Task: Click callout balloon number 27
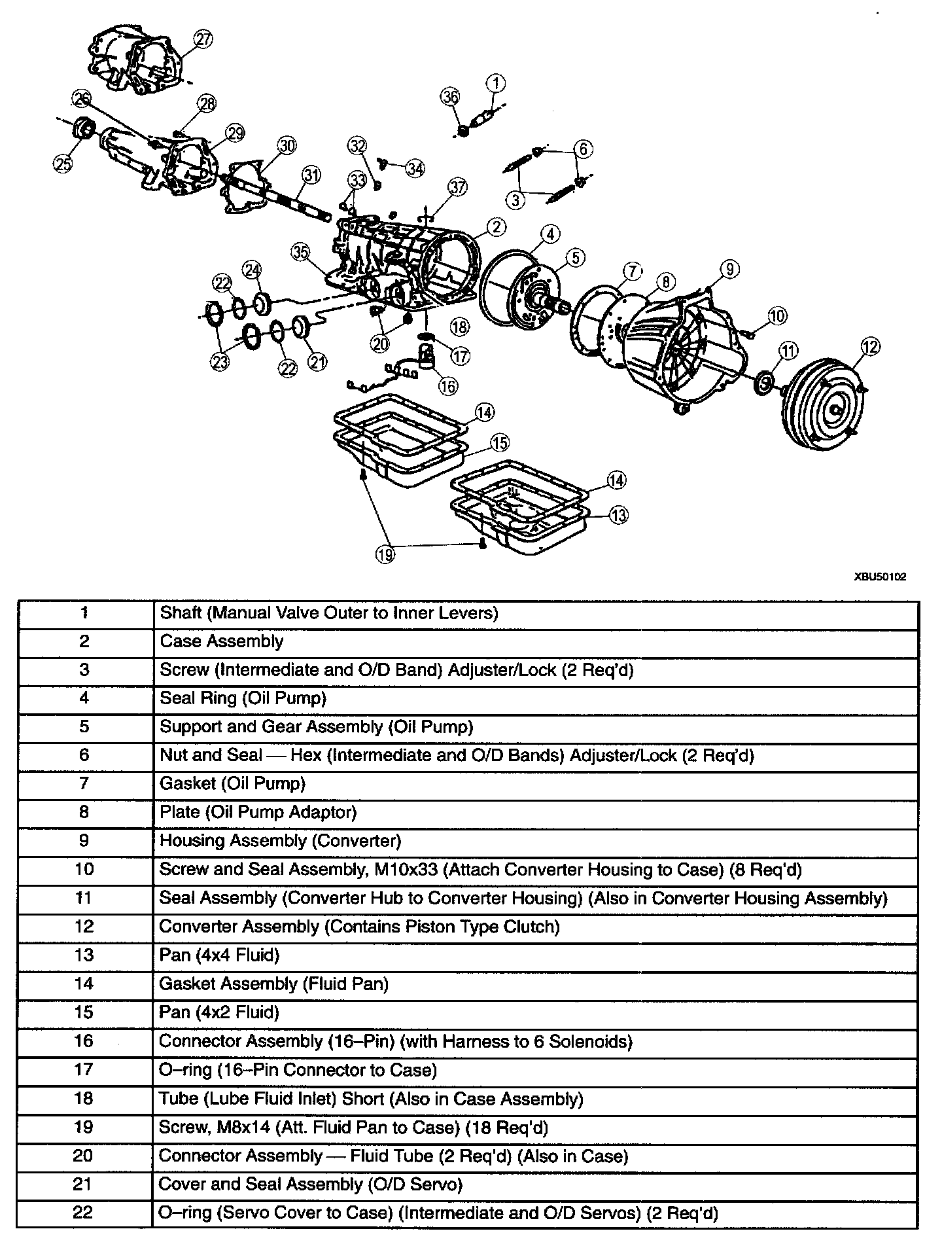[x=204, y=39]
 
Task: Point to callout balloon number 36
[x=450, y=97]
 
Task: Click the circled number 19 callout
[x=385, y=554]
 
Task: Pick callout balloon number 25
[x=63, y=164]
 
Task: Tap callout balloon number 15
[x=500, y=443]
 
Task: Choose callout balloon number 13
[x=618, y=515]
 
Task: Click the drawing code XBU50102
[x=880, y=577]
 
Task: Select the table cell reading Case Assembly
[x=222, y=641]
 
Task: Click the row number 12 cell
[x=84, y=927]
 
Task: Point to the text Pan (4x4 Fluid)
[x=219, y=955]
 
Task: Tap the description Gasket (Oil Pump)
[x=232, y=783]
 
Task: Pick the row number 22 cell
[x=84, y=1213]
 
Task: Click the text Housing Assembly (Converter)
[x=280, y=840]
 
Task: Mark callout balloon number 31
[x=311, y=175]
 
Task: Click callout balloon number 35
[x=300, y=252]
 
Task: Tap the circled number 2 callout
[x=497, y=227]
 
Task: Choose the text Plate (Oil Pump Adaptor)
[x=258, y=812]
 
